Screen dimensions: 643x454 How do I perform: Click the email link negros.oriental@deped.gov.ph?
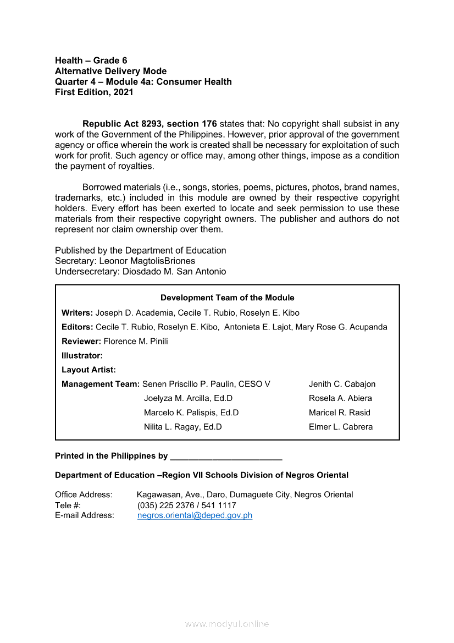pos(195,515)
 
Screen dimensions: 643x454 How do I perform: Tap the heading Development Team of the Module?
pos(227,298)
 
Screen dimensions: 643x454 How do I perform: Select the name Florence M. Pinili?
pos(136,341)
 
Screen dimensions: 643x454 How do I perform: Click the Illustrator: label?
pos(82,355)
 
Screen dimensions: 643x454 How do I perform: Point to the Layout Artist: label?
pos(88,370)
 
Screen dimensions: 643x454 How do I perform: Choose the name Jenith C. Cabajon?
pos(342,384)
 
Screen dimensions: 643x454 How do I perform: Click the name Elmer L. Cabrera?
pos(341,427)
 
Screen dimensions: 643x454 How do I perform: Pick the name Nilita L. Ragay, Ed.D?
pos(182,427)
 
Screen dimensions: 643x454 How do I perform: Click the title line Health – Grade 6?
pos(91,61)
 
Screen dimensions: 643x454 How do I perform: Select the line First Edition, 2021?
pos(94,92)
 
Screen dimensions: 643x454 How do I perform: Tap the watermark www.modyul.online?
pos(227,624)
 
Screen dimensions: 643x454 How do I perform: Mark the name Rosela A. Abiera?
pos(340,398)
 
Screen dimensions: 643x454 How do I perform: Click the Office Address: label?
pos(84,494)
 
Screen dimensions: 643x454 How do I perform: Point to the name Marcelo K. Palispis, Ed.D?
pos(191,413)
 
